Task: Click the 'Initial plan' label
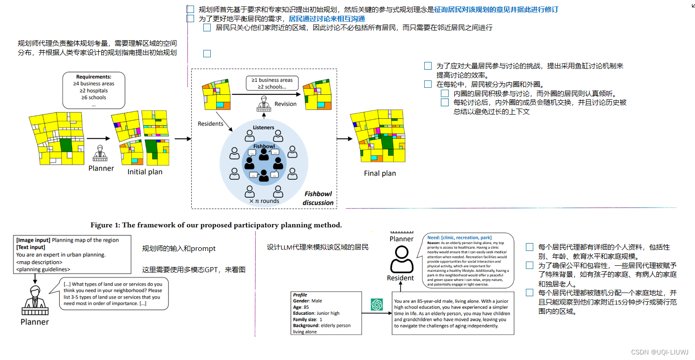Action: click(x=145, y=172)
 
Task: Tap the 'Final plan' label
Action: click(x=379, y=173)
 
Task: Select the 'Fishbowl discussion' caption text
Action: click(x=318, y=198)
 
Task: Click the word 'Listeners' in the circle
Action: click(x=263, y=128)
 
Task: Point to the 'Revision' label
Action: click(x=285, y=104)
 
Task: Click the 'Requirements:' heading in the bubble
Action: click(x=94, y=77)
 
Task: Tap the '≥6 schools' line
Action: click(x=94, y=98)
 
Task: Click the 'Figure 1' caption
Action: click(x=216, y=225)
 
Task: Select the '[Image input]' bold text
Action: click(x=33, y=240)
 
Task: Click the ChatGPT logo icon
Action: click(x=377, y=305)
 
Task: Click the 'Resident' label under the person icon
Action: click(x=400, y=278)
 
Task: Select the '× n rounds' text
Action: click(x=264, y=201)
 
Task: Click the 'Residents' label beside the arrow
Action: click(x=210, y=124)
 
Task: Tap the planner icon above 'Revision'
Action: click(x=264, y=103)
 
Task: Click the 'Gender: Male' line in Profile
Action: click(x=307, y=301)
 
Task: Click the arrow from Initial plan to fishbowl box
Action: click(x=182, y=139)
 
